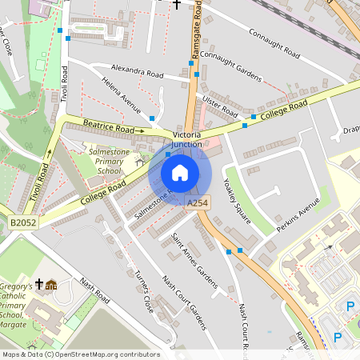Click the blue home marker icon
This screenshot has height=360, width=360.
click(x=180, y=173)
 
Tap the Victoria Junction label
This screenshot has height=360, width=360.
click(x=193, y=139)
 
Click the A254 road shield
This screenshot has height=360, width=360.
click(x=198, y=205)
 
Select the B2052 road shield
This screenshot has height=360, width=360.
click(x=24, y=222)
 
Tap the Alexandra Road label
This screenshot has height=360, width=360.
click(x=138, y=71)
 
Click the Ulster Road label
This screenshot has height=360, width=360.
click(x=221, y=104)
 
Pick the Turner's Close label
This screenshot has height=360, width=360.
click(x=142, y=288)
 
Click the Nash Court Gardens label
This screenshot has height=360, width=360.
click(x=185, y=302)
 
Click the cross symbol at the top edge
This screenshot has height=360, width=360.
click(x=177, y=3)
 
